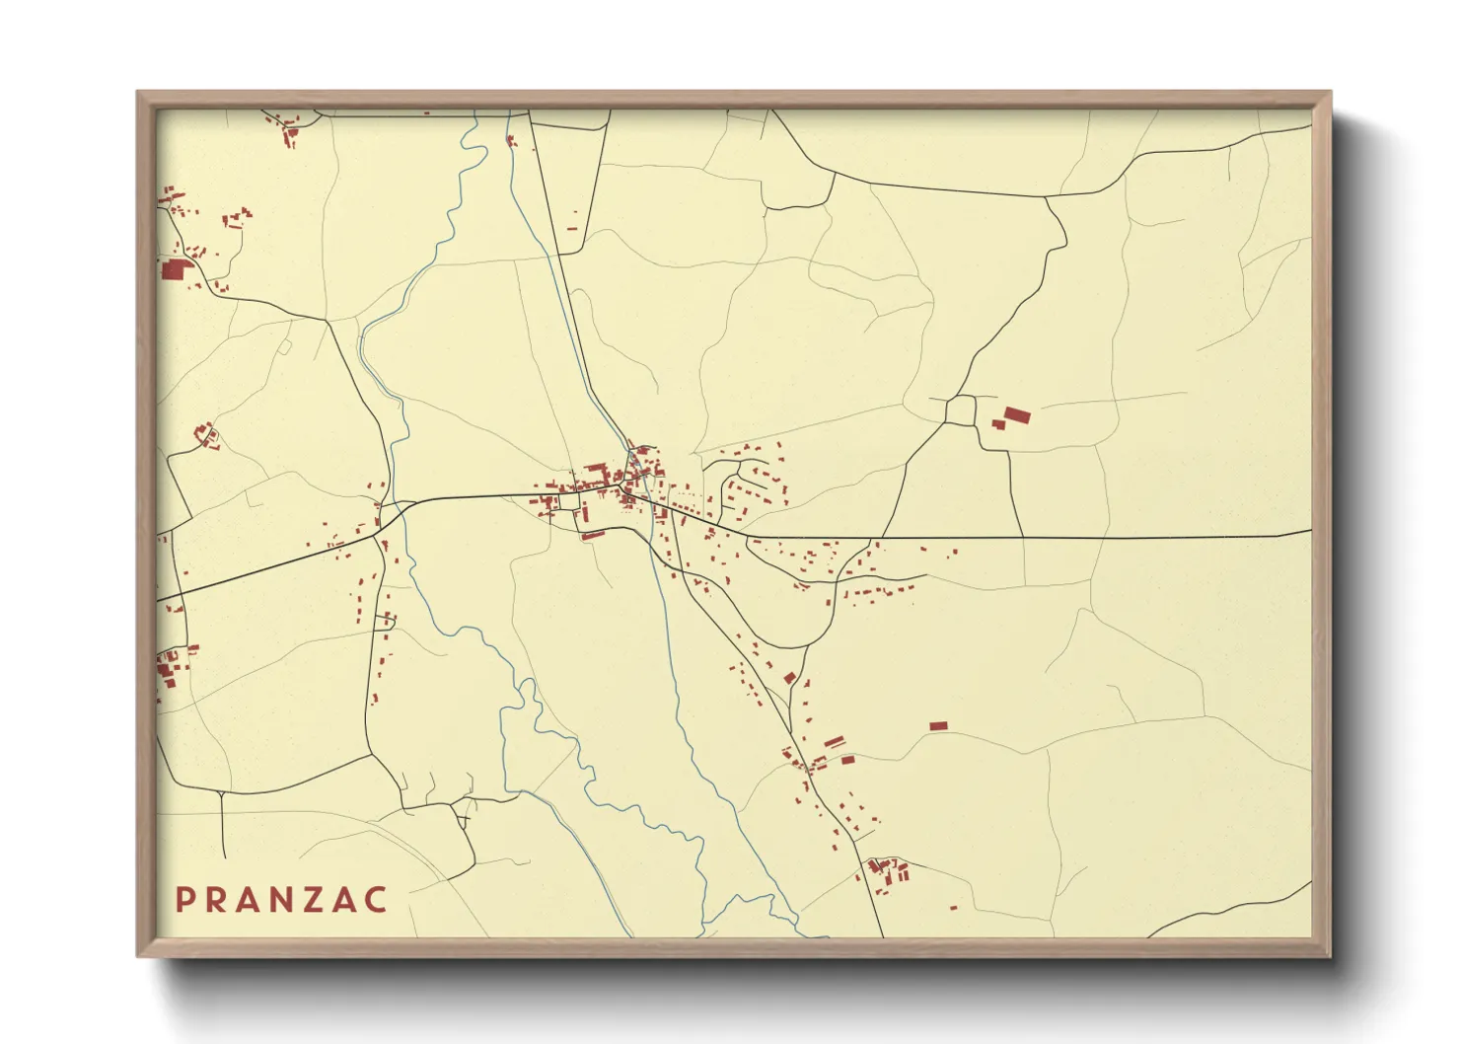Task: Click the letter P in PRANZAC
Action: [x=183, y=900]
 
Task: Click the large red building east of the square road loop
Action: [x=1015, y=415]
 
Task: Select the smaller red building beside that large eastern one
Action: [x=997, y=424]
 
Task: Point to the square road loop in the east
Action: [x=960, y=410]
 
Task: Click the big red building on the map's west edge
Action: [x=174, y=269]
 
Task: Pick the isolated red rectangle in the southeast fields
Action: [x=938, y=726]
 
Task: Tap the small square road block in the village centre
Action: [x=568, y=501]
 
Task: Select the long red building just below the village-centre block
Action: [x=592, y=536]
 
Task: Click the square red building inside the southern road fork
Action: [x=789, y=678]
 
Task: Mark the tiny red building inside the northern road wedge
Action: [x=571, y=229]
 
